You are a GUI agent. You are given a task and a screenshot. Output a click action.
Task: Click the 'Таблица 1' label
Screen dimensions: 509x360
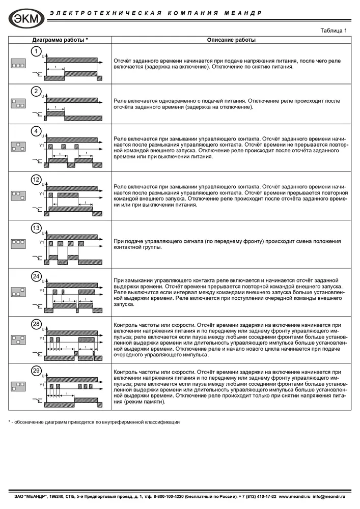[334, 30]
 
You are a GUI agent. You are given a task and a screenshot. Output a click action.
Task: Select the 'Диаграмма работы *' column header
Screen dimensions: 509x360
[60, 40]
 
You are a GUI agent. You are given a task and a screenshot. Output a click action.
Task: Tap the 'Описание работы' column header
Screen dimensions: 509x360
[231, 40]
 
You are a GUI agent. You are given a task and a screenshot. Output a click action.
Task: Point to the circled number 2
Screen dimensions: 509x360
[36, 92]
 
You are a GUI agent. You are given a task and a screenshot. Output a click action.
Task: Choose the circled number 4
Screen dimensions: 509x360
[36, 132]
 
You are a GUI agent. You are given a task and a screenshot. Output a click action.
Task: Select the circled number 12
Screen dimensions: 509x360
[36, 180]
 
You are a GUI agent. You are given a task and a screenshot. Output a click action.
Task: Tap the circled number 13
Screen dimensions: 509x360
[36, 228]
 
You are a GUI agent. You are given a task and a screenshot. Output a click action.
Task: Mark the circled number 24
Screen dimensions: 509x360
[36, 276]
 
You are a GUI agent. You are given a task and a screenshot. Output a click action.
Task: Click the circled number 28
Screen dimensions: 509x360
[36, 324]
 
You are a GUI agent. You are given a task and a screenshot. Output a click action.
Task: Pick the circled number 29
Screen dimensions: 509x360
[36, 371]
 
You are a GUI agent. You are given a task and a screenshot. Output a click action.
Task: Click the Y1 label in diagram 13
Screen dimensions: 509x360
[42, 242]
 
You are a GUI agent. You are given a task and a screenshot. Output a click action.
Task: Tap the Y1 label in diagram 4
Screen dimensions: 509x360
[42, 146]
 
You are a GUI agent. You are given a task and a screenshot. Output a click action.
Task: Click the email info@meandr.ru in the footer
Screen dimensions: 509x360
[329, 496]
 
